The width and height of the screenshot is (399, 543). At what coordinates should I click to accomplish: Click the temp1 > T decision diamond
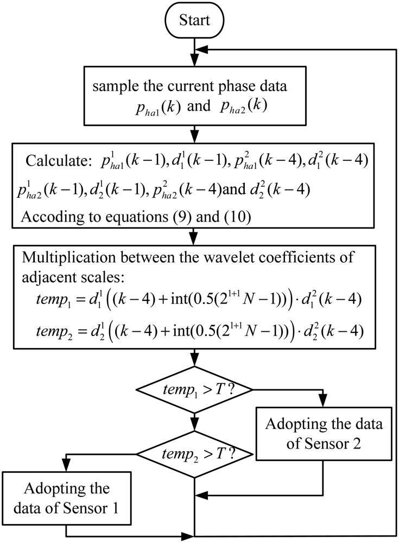(194, 389)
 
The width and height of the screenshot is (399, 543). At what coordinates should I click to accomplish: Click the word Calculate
(49, 162)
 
